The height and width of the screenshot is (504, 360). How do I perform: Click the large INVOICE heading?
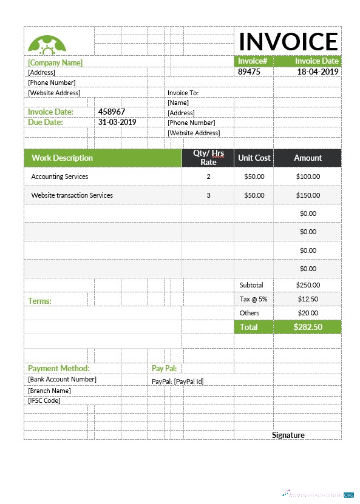tap(288, 41)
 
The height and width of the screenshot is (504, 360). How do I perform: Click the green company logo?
tap(47, 44)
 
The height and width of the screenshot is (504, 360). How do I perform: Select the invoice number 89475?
tap(249, 72)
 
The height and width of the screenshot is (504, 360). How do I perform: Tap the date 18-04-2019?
tap(318, 72)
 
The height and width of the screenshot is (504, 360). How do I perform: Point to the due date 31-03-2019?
tap(117, 122)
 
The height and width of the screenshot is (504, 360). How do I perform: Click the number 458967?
tap(112, 112)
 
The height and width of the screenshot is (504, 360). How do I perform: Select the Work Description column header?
tap(62, 158)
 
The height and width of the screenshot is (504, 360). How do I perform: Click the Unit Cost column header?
tap(254, 158)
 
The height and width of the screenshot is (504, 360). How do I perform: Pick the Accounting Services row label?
tap(59, 176)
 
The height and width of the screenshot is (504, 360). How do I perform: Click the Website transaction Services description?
tap(72, 195)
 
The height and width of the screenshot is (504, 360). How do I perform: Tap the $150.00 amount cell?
tap(308, 195)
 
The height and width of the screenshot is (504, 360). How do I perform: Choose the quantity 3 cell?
tap(208, 195)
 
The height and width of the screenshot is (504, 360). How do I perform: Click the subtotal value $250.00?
tap(308, 284)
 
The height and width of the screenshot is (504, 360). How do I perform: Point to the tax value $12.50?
tap(308, 299)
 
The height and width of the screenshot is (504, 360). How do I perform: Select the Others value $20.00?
tap(308, 313)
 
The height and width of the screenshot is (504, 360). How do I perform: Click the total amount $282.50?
tap(308, 327)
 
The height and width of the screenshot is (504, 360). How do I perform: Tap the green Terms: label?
tap(39, 301)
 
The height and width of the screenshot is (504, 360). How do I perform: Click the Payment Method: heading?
tap(58, 368)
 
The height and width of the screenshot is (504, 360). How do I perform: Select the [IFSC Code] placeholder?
tap(44, 400)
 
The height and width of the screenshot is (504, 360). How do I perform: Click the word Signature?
tap(288, 435)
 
